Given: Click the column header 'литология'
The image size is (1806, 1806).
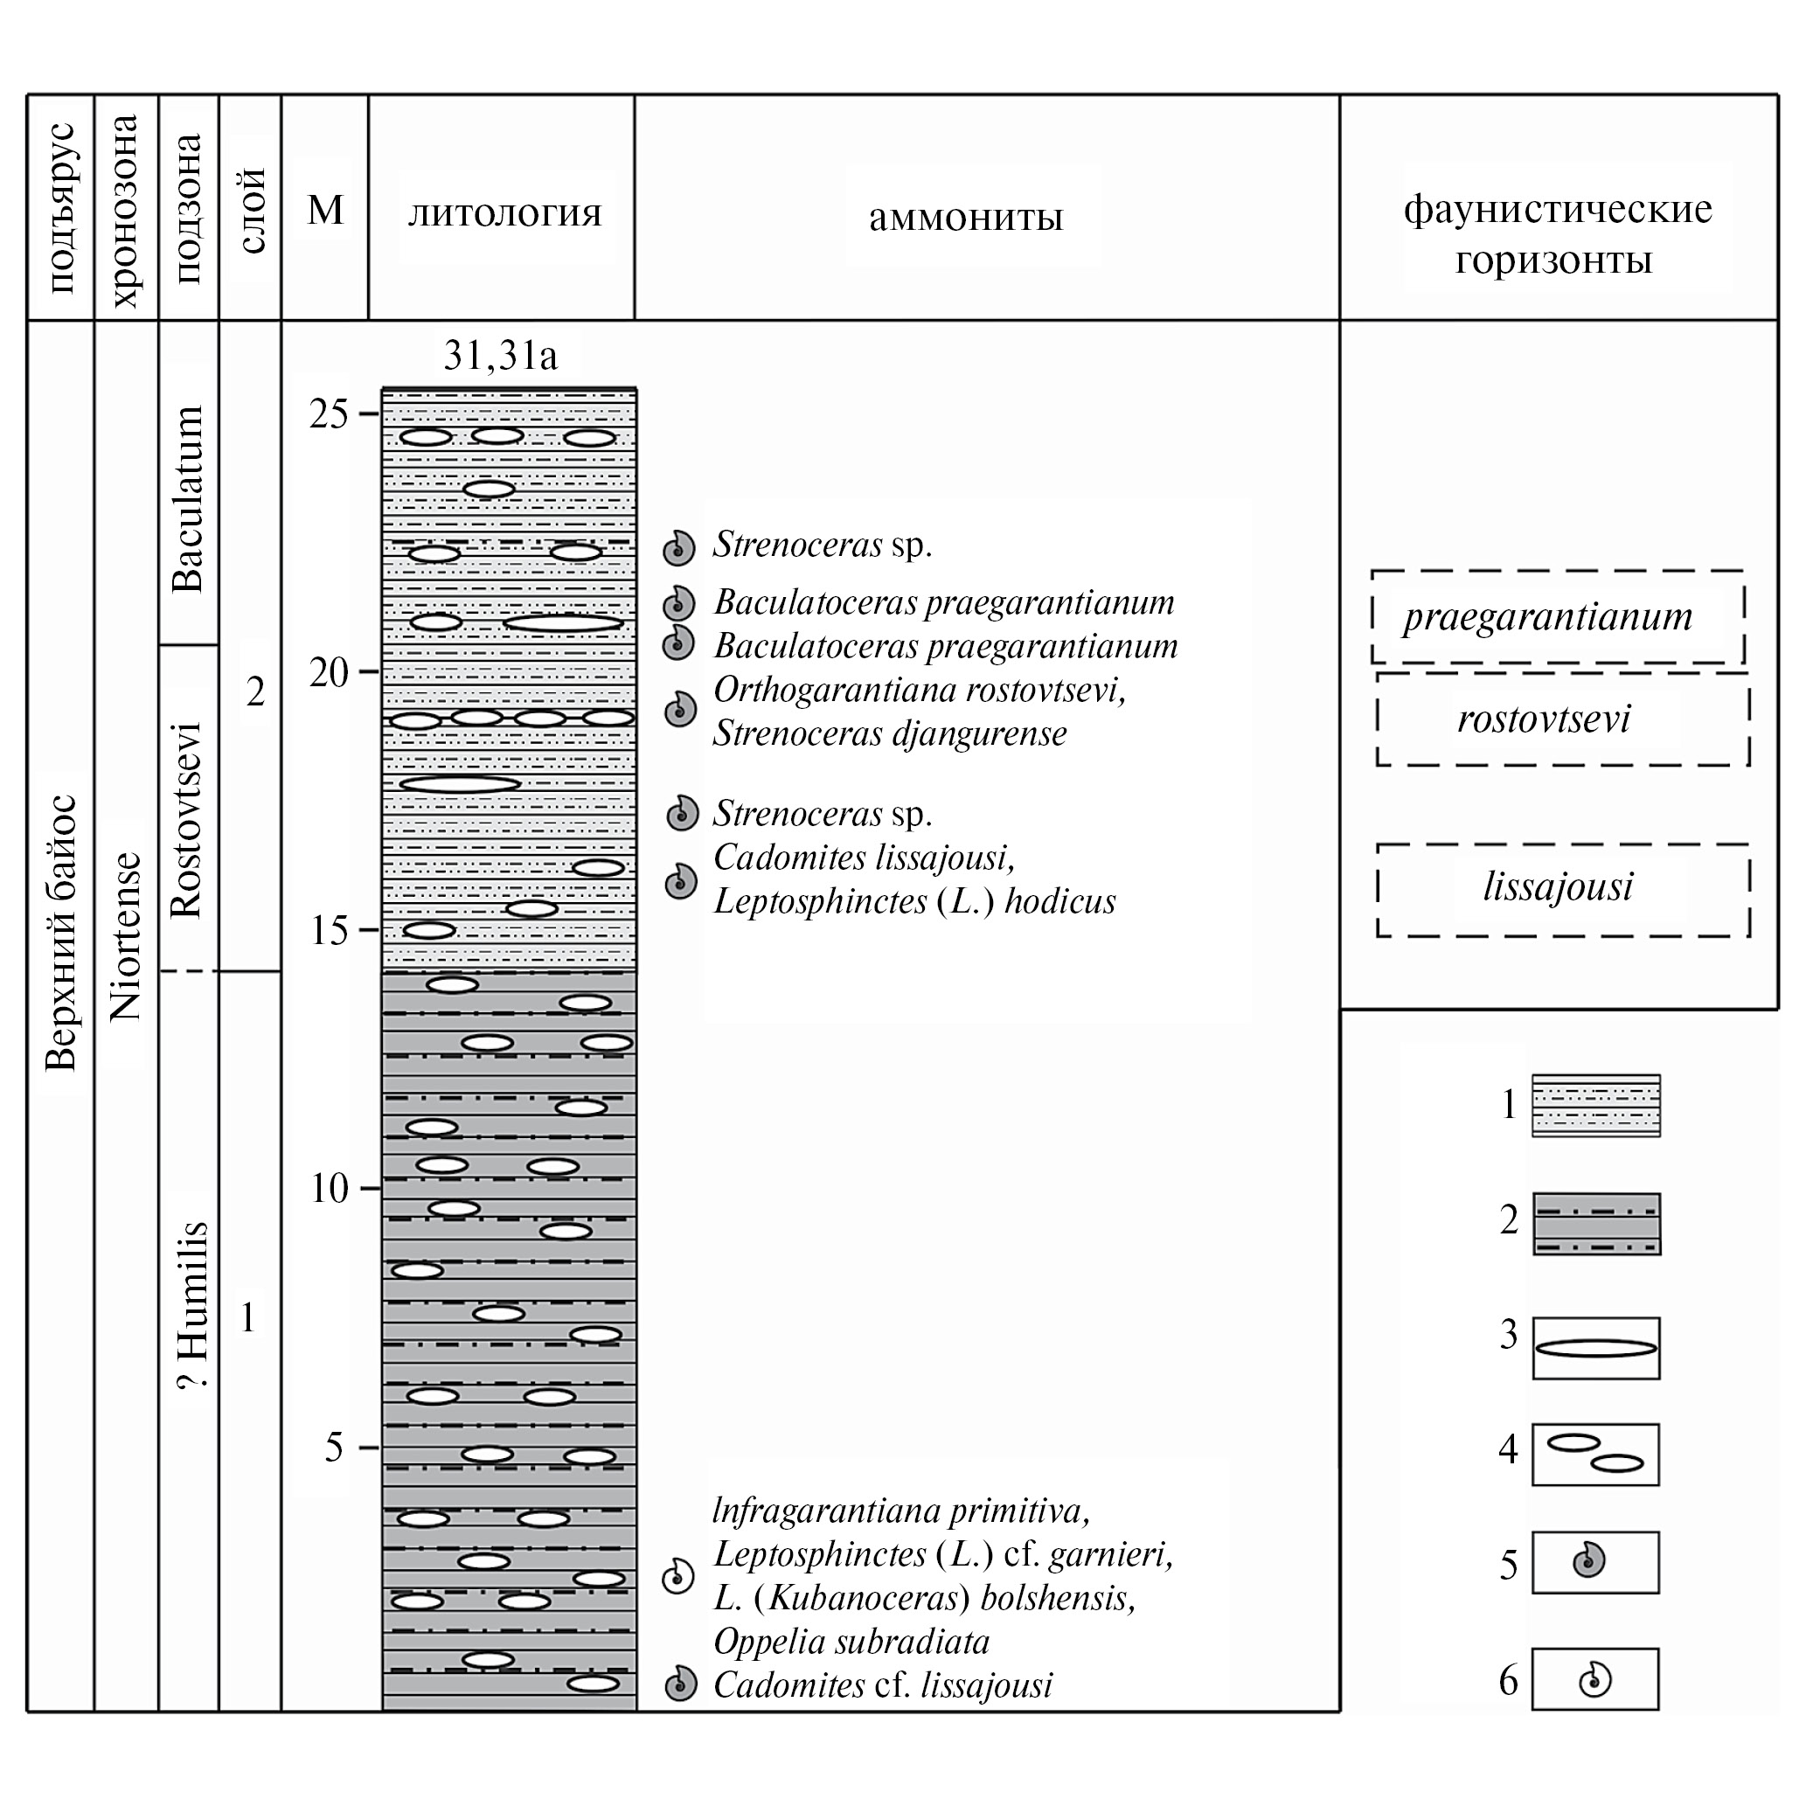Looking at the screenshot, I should (504, 213).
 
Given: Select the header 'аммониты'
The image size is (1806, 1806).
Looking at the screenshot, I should (966, 217).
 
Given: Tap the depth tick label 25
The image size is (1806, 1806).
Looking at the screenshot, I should (328, 414).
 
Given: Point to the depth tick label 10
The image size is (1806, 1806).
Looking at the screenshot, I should (330, 1189).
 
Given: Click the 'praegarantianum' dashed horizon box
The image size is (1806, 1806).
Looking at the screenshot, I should (1558, 617).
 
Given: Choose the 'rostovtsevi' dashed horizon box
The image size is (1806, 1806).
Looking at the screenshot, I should (1561, 719).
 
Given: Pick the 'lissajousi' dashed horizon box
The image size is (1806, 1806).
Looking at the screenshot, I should (1562, 888).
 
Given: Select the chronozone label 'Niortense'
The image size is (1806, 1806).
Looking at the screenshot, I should (125, 934).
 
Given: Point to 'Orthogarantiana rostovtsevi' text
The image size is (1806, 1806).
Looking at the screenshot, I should (919, 691).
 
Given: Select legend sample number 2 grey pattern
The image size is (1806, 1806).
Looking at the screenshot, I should (1596, 1223).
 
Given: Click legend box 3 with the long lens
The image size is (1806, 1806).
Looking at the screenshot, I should (1595, 1348).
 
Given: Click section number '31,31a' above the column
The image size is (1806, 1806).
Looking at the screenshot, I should (500, 356).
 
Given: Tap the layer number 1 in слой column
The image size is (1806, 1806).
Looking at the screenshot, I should (247, 1317).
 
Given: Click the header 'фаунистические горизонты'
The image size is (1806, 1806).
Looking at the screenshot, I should (1558, 233).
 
